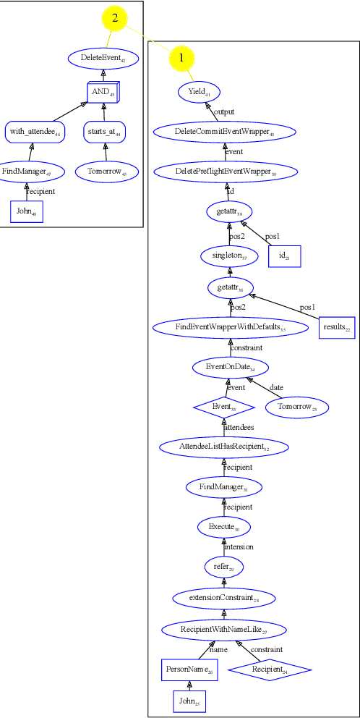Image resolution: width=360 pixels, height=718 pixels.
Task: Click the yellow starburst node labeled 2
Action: [x=115, y=19]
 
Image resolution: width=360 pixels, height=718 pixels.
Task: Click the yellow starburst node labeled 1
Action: [x=181, y=56]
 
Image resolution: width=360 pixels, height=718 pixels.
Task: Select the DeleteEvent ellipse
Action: [x=103, y=58]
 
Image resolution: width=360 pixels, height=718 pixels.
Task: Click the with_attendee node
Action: [x=35, y=132]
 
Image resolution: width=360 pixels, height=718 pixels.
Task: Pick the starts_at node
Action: [x=106, y=132]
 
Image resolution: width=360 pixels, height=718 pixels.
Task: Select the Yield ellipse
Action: [x=199, y=92]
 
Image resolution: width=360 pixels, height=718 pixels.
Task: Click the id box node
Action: [x=283, y=257]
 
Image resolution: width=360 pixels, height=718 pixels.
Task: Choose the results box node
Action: [x=337, y=328]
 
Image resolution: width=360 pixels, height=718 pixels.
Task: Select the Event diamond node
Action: [x=224, y=407]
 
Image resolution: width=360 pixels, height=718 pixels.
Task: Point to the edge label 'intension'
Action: [x=238, y=546]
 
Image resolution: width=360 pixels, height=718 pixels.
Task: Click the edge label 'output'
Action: [x=224, y=111]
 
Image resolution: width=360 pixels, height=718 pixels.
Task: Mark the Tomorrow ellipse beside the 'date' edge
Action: [x=297, y=407]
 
